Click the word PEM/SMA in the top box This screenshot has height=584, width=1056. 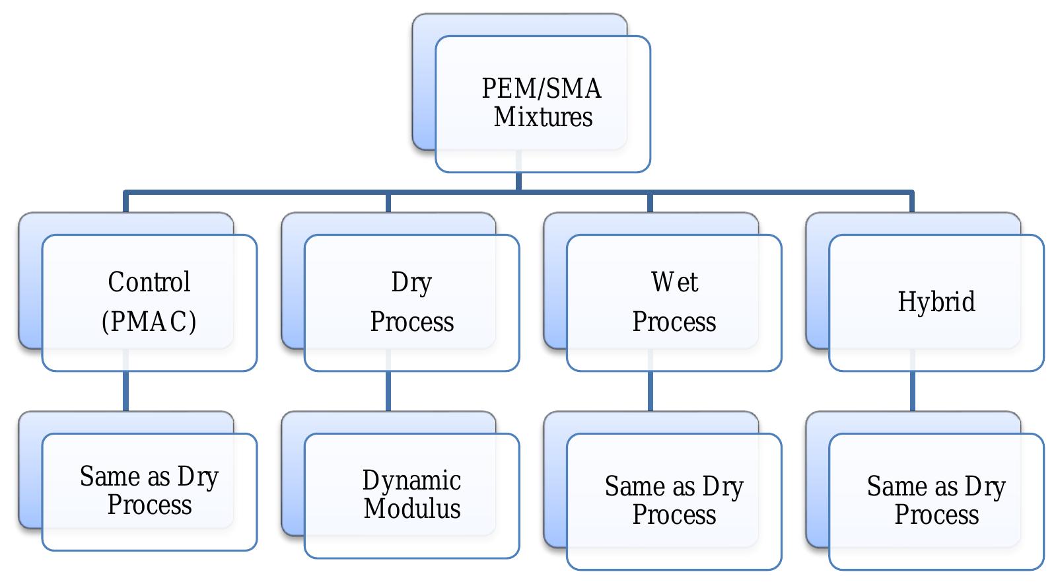[541, 89]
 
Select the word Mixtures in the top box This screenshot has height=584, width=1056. [543, 117]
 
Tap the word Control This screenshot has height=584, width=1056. [149, 282]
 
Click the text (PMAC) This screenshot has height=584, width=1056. [149, 322]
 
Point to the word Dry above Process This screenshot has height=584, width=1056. [411, 282]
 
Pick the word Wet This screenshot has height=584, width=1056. [674, 282]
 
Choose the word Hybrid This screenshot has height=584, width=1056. [936, 302]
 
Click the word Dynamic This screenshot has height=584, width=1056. [411, 480]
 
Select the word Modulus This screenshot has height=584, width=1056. [412, 509]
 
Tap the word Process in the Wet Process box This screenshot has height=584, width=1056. [674, 322]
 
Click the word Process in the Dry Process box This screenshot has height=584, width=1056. [412, 322]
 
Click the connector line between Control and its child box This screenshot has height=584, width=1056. [125, 391]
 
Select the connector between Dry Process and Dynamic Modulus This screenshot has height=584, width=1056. [388, 391]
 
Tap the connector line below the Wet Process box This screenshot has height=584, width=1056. [650, 391]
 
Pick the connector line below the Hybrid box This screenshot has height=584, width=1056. [913, 391]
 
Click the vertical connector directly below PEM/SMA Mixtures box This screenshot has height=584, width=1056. [518, 182]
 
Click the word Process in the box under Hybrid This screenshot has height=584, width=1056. [936, 515]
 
